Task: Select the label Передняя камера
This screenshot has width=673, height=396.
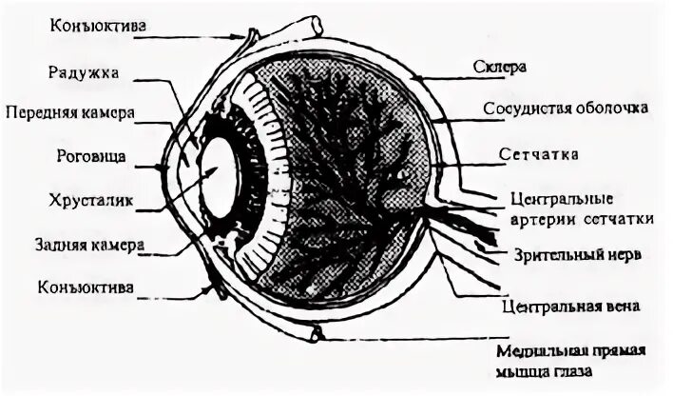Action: click(x=70, y=112)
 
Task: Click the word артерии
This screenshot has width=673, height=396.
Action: click(x=540, y=218)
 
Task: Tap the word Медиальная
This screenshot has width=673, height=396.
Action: click(x=550, y=349)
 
